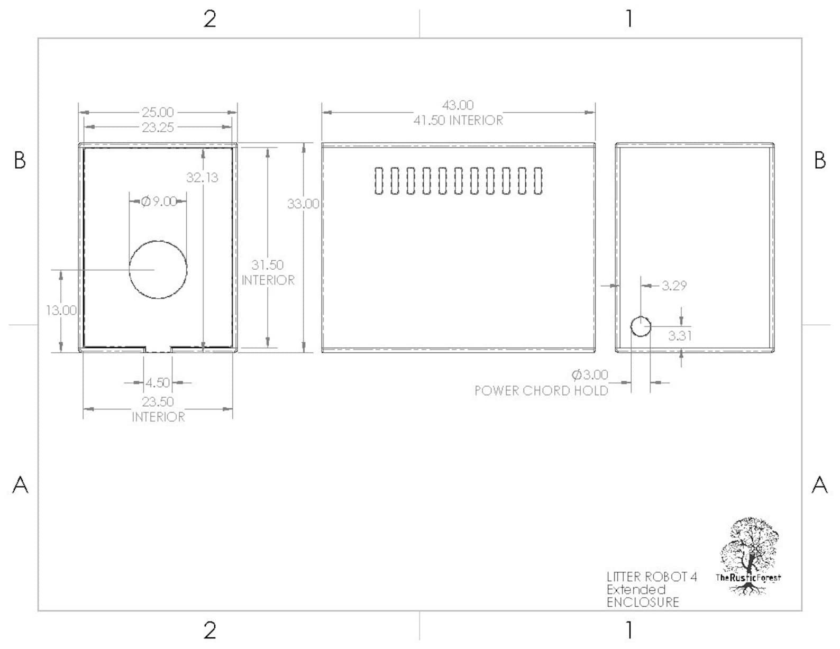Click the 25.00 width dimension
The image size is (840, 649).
pyautogui.click(x=158, y=113)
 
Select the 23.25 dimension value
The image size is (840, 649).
pyautogui.click(x=158, y=127)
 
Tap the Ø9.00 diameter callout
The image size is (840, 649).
pyautogui.click(x=159, y=202)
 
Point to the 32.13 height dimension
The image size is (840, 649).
pyautogui.click(x=202, y=177)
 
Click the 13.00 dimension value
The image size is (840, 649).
pyautogui.click(x=61, y=310)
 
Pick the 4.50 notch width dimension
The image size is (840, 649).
pyautogui.click(x=158, y=382)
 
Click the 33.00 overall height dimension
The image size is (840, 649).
pyautogui.click(x=303, y=204)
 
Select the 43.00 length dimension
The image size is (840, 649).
pyautogui.click(x=458, y=105)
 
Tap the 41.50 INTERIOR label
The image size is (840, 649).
pyautogui.click(x=458, y=120)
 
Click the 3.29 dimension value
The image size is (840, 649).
pyautogui.click(x=674, y=286)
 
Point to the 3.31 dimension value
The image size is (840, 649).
pyautogui.click(x=680, y=335)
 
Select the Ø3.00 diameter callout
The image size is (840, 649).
pyautogui.click(x=590, y=374)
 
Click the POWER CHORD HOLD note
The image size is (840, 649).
pyautogui.click(x=541, y=391)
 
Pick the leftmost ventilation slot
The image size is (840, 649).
pyautogui.click(x=379, y=180)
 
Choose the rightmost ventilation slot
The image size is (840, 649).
pyautogui.click(x=538, y=180)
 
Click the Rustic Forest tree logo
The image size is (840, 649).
pyautogui.click(x=749, y=556)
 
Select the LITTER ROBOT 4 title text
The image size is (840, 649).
pyautogui.click(x=652, y=577)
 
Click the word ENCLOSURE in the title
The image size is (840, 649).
pyautogui.click(x=643, y=602)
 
